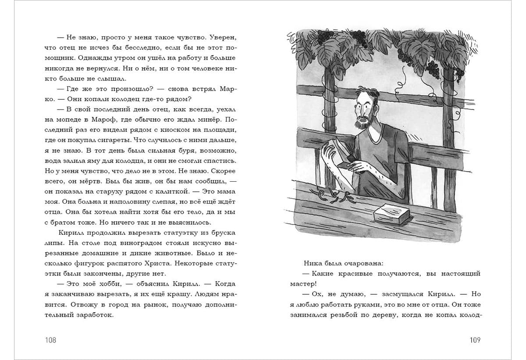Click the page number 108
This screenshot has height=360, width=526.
(x=50, y=340)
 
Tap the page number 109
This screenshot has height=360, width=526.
(x=475, y=340)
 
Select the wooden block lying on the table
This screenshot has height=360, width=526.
(x=391, y=213)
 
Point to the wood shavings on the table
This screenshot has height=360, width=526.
(x=330, y=195)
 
